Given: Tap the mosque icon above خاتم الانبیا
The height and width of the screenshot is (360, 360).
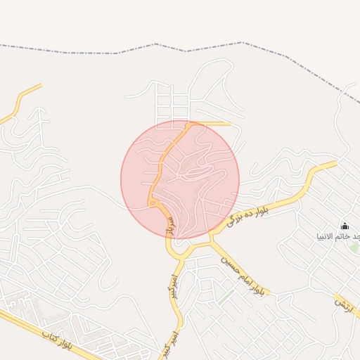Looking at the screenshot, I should pos(345,226).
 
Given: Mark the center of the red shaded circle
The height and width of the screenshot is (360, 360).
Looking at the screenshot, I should pos(180,179).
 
